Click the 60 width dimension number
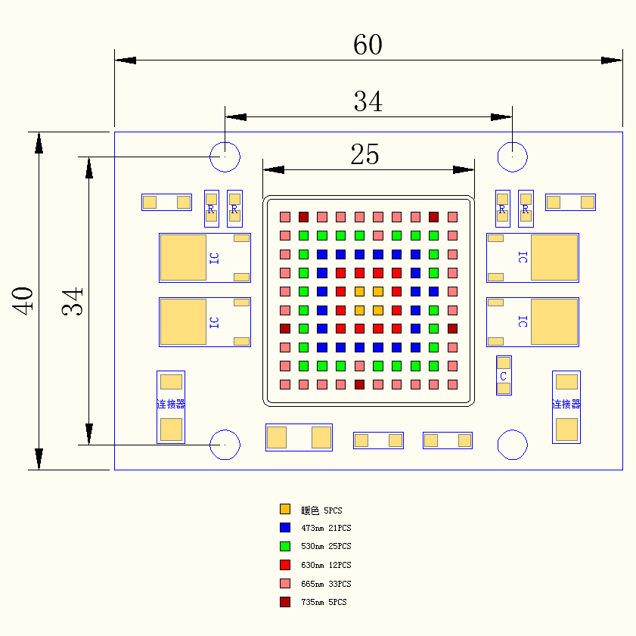point(368,45)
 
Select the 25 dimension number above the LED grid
point(365,155)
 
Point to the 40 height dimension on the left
point(22,300)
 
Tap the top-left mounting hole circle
point(225,157)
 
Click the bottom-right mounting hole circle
point(512,445)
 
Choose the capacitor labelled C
point(504,376)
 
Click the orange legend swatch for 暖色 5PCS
point(285,509)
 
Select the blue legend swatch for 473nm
point(285,527)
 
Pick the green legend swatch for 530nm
point(285,546)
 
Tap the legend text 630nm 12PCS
point(326,565)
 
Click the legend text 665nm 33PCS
point(326,584)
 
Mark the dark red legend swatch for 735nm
point(285,602)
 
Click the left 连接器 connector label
point(170,404)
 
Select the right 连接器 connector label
point(566,404)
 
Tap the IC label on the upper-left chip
point(214,258)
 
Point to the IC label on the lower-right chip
point(523,321)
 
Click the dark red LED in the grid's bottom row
point(359,384)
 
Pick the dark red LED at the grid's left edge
point(285,328)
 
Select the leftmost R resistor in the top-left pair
point(211,209)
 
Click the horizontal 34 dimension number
point(368,101)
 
